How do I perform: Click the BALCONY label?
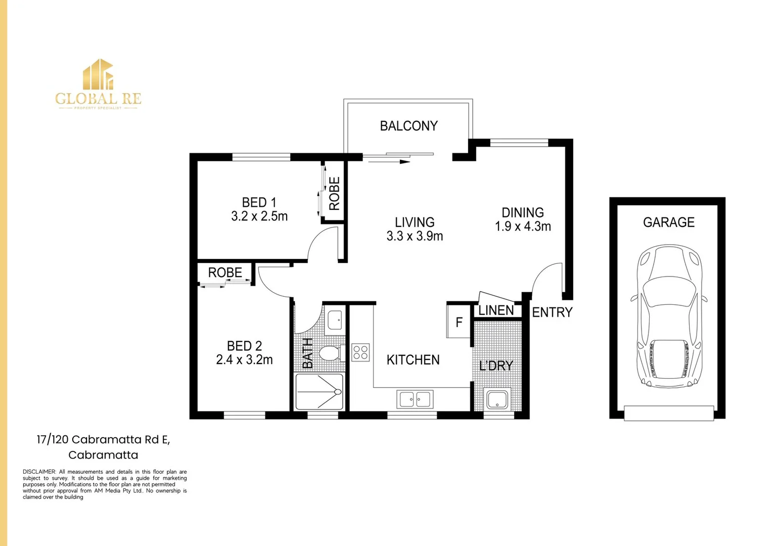point(408,126)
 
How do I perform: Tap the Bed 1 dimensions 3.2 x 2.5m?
point(259,216)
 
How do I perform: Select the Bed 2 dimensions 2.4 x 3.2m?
point(244,360)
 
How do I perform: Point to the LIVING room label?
point(415,222)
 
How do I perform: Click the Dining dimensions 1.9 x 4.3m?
point(523,226)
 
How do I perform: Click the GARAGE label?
point(668,222)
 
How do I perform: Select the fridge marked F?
point(459,322)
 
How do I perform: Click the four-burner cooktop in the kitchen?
point(360,352)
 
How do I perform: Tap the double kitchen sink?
point(415,399)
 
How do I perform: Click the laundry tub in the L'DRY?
point(497,399)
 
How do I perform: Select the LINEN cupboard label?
point(496,310)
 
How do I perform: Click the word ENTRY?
point(552,312)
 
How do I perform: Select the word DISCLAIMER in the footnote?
point(39,472)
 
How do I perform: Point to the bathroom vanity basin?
point(335,320)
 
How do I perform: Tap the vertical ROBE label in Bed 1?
point(334,194)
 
